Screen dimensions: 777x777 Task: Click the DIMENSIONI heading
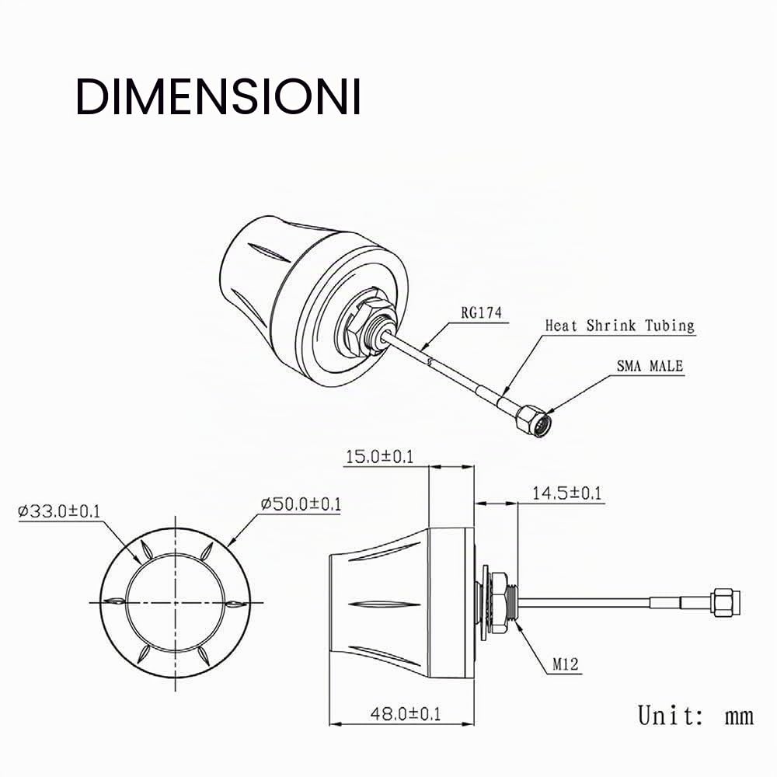pyautogui.click(x=218, y=96)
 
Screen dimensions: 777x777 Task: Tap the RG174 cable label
pyautogui.click(x=481, y=312)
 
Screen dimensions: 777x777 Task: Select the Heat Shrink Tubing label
pyautogui.click(x=619, y=326)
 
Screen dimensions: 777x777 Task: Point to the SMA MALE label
pyautogui.click(x=650, y=366)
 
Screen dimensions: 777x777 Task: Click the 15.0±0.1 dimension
pyautogui.click(x=380, y=456)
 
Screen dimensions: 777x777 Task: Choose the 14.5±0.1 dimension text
pyautogui.click(x=567, y=493)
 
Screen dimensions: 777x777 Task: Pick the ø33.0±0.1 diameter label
pyautogui.click(x=59, y=511)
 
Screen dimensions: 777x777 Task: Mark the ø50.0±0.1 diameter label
pyautogui.click(x=301, y=504)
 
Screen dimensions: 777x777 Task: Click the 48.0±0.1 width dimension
pyautogui.click(x=406, y=713)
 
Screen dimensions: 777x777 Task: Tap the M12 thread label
pyautogui.click(x=566, y=664)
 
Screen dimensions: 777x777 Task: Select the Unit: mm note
pyautogui.click(x=695, y=715)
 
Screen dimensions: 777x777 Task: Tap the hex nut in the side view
pyautogui.click(x=499, y=602)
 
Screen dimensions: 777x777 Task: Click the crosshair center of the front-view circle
pyautogui.click(x=176, y=603)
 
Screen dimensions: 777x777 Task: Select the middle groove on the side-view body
pyautogui.click(x=385, y=605)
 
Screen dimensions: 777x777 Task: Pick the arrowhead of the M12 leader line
pyautogui.click(x=518, y=625)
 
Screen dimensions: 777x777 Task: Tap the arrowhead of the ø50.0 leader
pyautogui.click(x=232, y=543)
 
